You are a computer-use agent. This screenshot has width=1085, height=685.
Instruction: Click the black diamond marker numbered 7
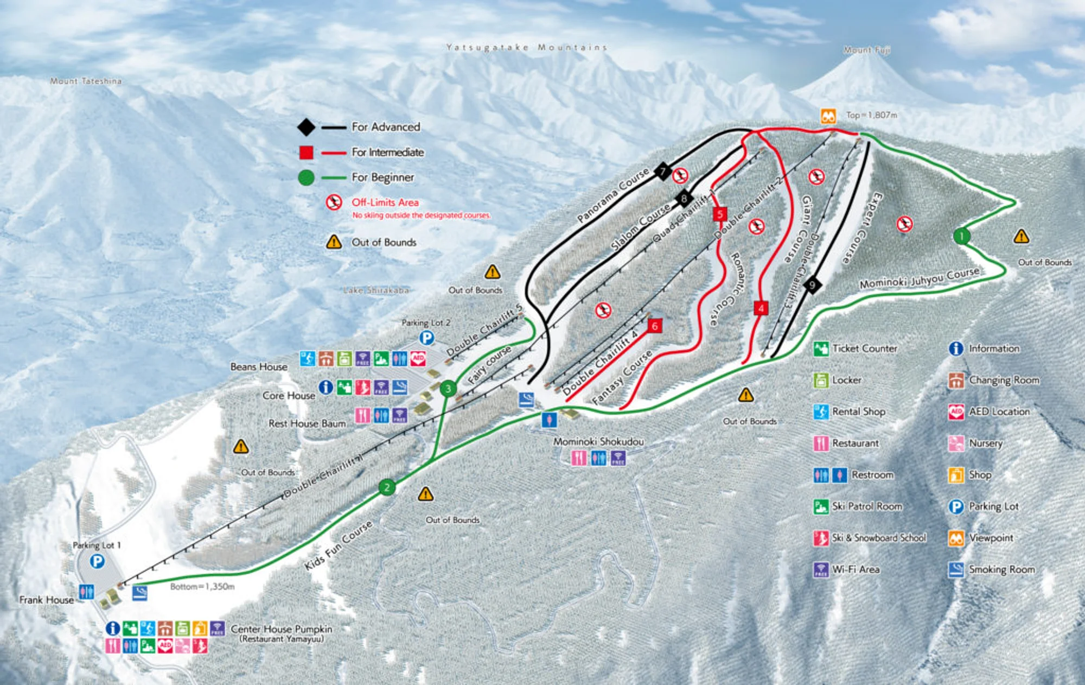pos(662,172)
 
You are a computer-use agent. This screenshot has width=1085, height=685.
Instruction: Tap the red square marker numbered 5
pos(720,214)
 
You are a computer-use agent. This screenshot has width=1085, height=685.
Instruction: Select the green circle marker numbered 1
pos(962,236)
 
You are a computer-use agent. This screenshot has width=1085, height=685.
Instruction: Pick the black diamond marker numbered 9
pos(812,284)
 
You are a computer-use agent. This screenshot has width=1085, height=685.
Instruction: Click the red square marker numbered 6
pos(655,326)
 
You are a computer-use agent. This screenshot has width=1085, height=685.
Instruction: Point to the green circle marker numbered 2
pos(387,487)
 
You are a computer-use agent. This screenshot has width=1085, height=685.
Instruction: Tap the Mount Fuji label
pos(866,50)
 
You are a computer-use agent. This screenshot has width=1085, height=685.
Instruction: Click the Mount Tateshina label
pos(86,81)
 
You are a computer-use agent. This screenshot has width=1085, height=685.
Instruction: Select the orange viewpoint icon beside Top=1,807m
pos(828,116)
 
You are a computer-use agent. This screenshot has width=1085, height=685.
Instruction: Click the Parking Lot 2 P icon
pos(427,338)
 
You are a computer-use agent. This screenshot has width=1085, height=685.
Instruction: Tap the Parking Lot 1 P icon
pos(97,561)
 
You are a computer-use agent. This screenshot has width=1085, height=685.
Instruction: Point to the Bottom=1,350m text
pos(202,587)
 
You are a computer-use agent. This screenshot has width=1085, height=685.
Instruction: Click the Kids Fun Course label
pos(339,544)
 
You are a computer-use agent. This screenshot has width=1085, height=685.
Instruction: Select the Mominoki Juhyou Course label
pos(920,278)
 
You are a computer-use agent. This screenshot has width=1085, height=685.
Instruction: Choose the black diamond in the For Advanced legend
pos(306,127)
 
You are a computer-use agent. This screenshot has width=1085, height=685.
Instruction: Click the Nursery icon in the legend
pos(956,443)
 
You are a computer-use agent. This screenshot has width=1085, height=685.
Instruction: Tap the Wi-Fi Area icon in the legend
pos(821,569)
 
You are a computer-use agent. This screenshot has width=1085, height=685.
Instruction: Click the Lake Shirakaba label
pos(375,290)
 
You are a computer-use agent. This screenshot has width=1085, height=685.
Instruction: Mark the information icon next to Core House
pos(325,387)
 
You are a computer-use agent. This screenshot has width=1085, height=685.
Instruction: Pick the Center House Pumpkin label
pos(281,629)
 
